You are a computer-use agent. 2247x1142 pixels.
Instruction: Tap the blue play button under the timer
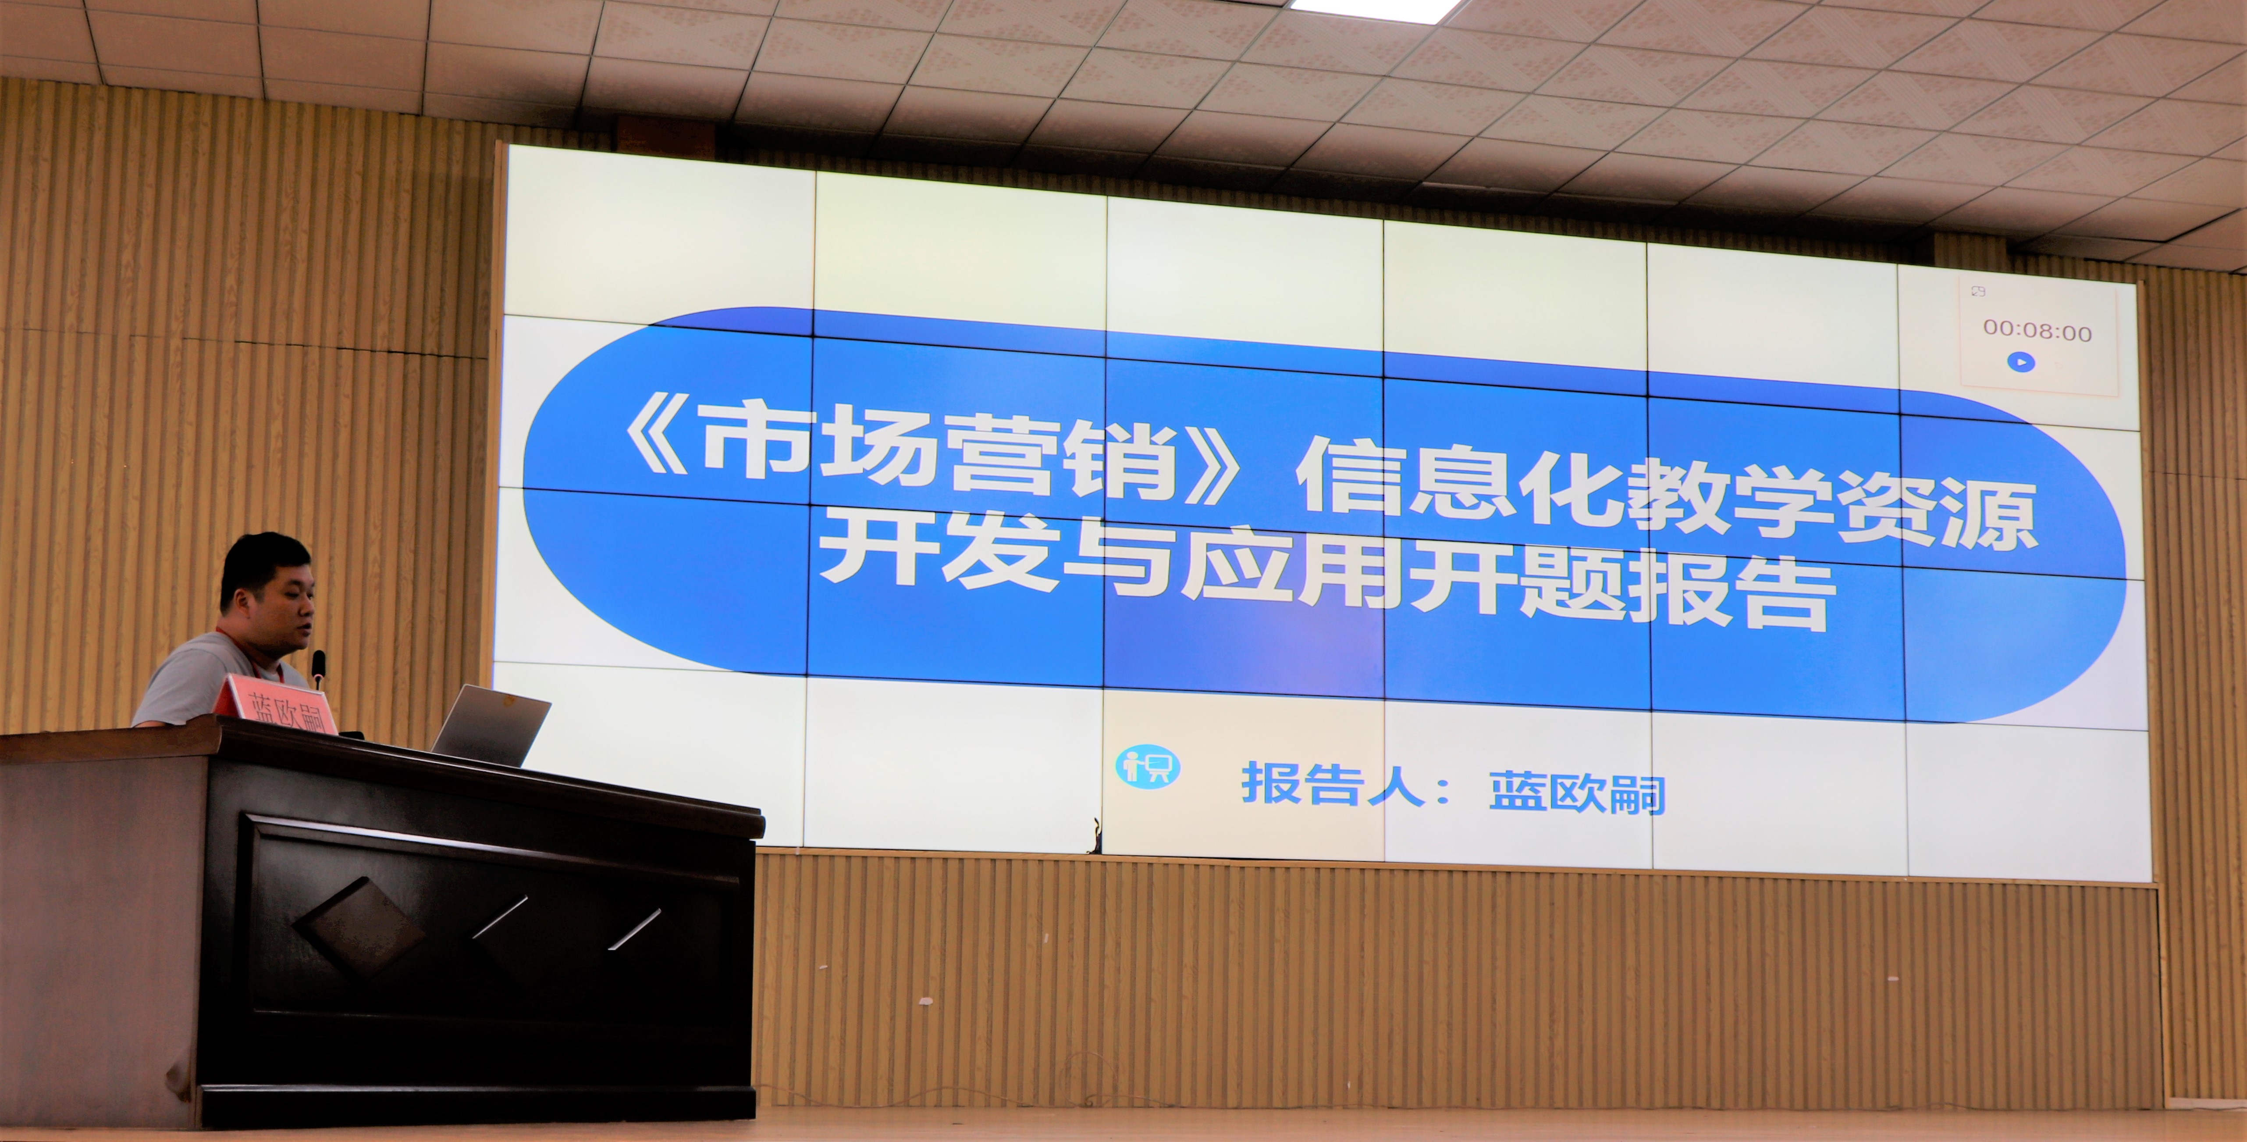coord(2021,361)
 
